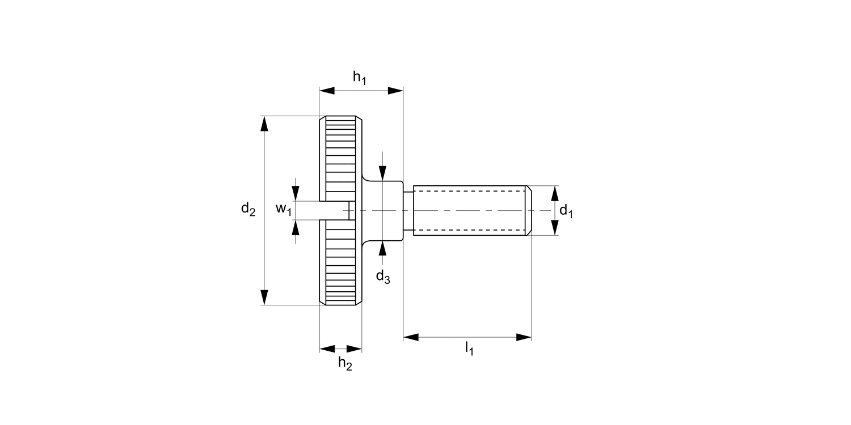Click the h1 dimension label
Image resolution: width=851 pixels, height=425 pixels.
tap(360, 78)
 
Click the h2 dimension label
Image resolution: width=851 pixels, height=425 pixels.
tap(345, 363)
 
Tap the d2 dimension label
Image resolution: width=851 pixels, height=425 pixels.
tap(248, 210)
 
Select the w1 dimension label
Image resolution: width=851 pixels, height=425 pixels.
tap(284, 210)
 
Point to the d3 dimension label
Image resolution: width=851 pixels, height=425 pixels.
tap(383, 277)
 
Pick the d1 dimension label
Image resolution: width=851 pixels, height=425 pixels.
tap(566, 211)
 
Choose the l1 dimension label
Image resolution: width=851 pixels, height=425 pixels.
tap(469, 347)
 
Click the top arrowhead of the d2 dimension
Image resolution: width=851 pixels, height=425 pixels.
tap(264, 124)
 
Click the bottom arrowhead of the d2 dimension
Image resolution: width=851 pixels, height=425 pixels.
tap(264, 297)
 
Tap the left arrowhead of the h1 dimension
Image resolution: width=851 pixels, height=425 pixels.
tap(327, 90)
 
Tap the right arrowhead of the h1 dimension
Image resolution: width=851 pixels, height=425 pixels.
tap(395, 90)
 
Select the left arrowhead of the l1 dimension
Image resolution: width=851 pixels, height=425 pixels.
tap(411, 337)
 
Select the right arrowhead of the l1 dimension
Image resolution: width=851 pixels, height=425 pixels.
tap(524, 337)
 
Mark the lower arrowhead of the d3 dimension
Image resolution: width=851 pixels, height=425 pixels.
tap(383, 248)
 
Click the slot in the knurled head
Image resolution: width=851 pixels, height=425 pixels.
tap(335, 210)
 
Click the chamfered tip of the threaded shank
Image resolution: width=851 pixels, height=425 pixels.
tap(529, 210)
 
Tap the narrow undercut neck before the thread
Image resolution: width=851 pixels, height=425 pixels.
tap(408, 210)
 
